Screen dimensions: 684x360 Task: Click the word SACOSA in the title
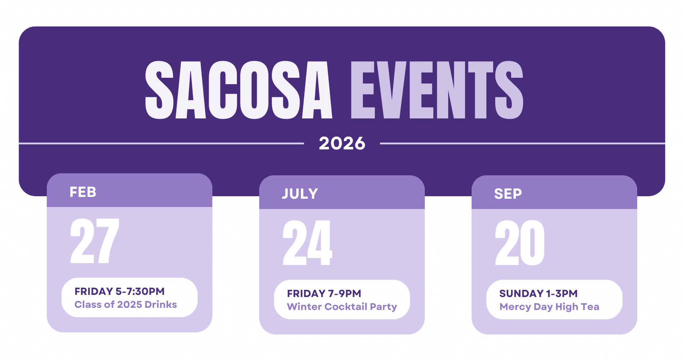pyautogui.click(x=238, y=90)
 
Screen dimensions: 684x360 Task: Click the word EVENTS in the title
pyautogui.click(x=437, y=90)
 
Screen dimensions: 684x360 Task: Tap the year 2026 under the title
pyautogui.click(x=342, y=143)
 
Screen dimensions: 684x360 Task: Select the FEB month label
pyautogui.click(x=83, y=192)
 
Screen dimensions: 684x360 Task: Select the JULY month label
pyautogui.click(x=300, y=194)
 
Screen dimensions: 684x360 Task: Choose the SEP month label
pyautogui.click(x=508, y=194)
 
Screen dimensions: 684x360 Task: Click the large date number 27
pyautogui.click(x=95, y=241)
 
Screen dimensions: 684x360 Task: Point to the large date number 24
pyautogui.click(x=307, y=243)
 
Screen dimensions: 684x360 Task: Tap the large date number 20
pyautogui.click(x=520, y=243)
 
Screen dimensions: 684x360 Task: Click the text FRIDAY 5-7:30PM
pyautogui.click(x=120, y=291)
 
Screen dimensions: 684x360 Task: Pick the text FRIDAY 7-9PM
pyautogui.click(x=324, y=293)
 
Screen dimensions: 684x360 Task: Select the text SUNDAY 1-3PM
pyautogui.click(x=538, y=293)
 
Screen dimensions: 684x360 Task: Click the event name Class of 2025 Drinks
pyautogui.click(x=126, y=305)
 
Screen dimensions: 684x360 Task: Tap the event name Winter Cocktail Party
pyautogui.click(x=342, y=307)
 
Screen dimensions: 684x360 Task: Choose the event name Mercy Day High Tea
pyautogui.click(x=549, y=307)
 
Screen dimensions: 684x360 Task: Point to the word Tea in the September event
pyautogui.click(x=590, y=307)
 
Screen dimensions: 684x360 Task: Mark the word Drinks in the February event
pyautogui.click(x=161, y=305)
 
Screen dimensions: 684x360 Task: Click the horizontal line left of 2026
pyautogui.click(x=161, y=143)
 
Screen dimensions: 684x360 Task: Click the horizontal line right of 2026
pyautogui.click(x=522, y=143)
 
